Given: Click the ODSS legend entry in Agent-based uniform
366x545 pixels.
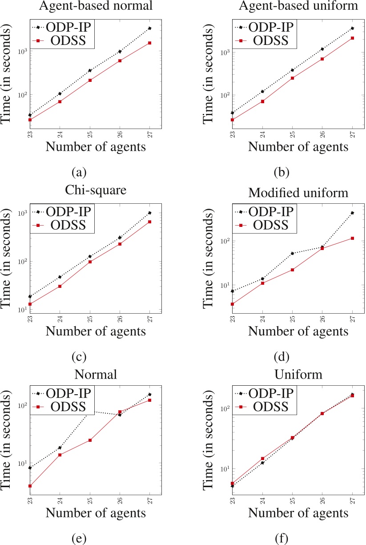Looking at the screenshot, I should [x=271, y=41].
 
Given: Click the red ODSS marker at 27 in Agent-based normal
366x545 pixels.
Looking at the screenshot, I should [x=150, y=43].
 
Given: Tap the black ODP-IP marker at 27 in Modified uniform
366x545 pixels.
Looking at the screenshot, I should [x=352, y=213].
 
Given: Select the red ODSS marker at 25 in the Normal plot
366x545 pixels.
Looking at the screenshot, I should [x=90, y=440].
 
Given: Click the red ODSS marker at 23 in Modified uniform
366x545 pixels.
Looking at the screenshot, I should [x=233, y=304].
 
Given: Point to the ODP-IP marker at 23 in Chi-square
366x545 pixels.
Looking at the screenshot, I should [x=30, y=296].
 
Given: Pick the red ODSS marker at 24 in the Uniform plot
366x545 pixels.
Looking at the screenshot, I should [x=262, y=458].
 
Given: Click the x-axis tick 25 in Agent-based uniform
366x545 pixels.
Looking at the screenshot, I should [x=292, y=134].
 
